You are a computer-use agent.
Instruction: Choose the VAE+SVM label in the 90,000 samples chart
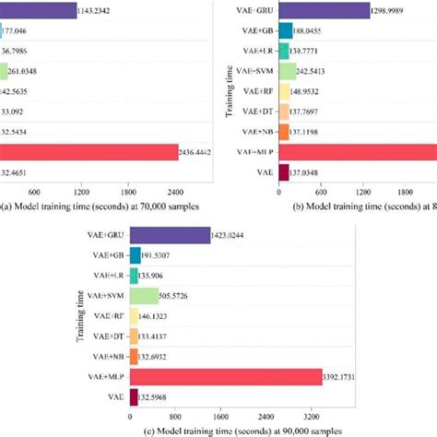[x=105, y=296]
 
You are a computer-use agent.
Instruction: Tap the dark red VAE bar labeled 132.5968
[x=134, y=397]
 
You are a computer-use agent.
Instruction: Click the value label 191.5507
[x=162, y=255]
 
